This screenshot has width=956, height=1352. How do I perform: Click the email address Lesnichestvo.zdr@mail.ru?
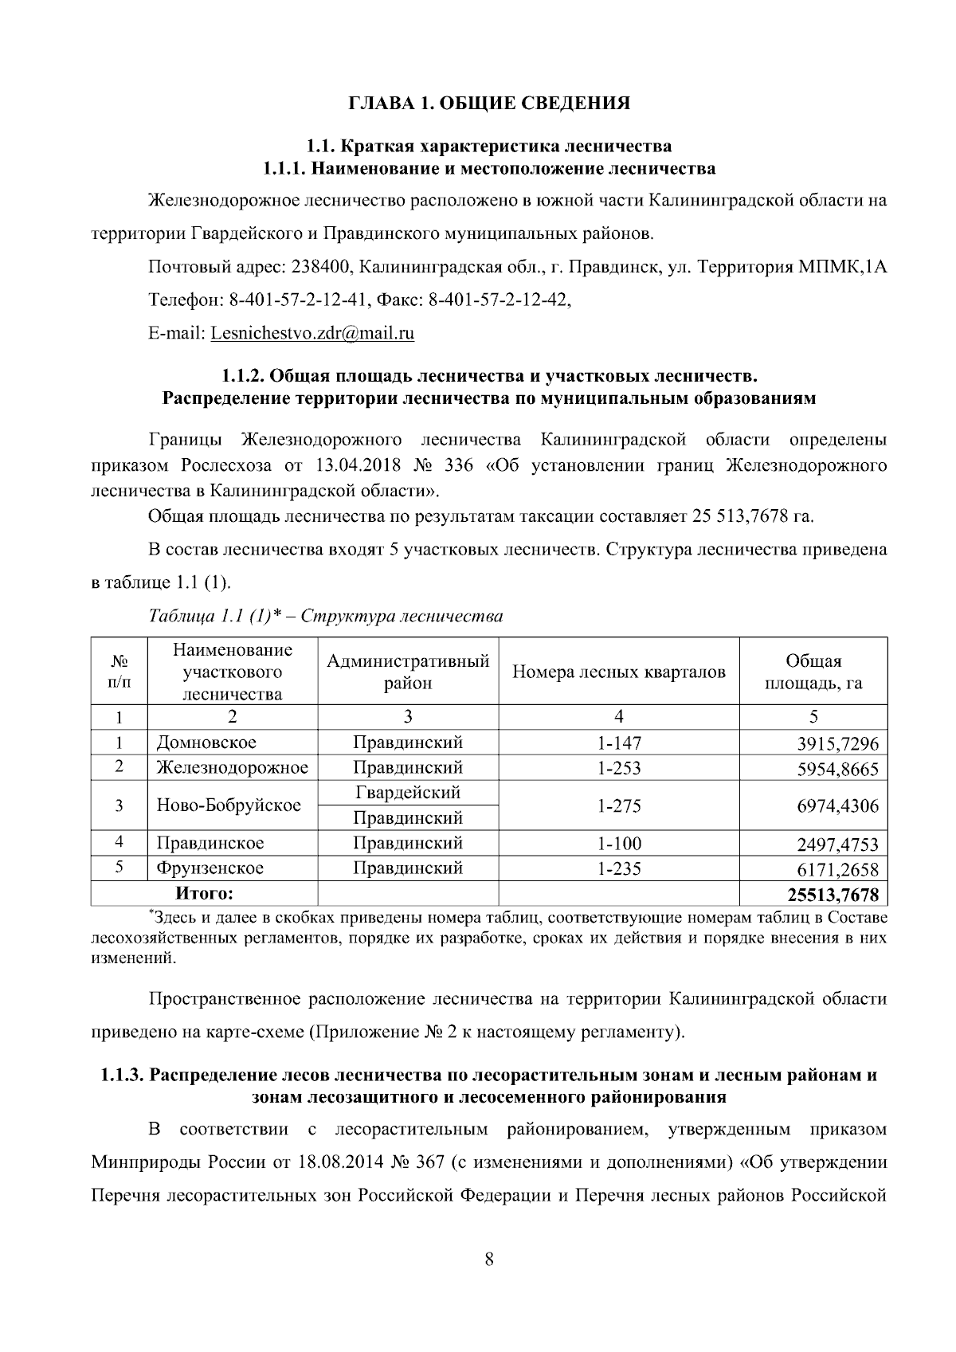click(x=312, y=333)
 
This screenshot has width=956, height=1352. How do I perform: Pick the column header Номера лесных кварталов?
click(x=618, y=672)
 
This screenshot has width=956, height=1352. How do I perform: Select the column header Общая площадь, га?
click(x=813, y=672)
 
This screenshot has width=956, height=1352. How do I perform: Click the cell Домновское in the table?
click(x=206, y=743)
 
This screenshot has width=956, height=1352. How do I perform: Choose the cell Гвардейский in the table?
click(x=407, y=793)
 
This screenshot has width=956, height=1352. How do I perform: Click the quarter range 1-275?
click(x=618, y=805)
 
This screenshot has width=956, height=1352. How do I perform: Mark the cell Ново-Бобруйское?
click(x=229, y=805)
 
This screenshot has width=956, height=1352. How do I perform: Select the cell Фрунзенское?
click(x=210, y=868)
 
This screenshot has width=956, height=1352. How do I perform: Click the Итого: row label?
click(x=205, y=894)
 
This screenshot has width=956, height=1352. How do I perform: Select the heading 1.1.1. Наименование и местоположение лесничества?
click(x=489, y=169)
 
